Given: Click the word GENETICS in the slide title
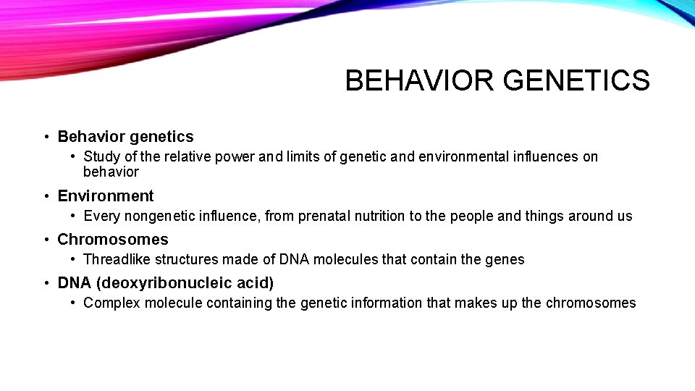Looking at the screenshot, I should pos(576,80).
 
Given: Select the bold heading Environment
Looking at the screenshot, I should pos(106,196).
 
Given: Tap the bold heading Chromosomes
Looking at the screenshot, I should pos(113,240).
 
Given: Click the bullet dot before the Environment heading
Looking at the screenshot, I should pos(46,197).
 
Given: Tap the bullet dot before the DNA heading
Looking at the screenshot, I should pos(46,284).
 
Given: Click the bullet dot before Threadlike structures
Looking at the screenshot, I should pos(74,259).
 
